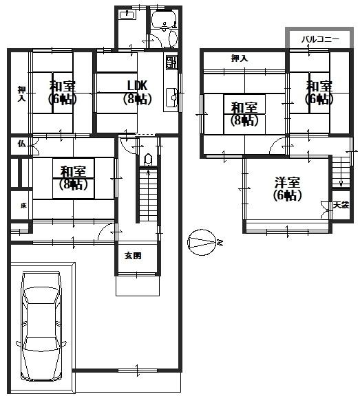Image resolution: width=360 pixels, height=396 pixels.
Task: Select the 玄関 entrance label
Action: pos(133,256)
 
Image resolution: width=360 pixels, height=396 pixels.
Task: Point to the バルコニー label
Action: pos(320,41)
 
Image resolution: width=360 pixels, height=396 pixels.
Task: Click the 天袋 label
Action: pos(341,205)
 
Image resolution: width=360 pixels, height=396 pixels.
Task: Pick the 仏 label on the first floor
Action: pos(21,143)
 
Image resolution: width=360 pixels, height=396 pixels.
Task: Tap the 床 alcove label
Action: pos(23,206)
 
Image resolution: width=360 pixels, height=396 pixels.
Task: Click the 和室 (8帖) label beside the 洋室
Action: pos(244,113)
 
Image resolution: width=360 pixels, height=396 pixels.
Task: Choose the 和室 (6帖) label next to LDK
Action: pos(62,92)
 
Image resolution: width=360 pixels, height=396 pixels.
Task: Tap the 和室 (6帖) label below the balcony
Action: pos(319,92)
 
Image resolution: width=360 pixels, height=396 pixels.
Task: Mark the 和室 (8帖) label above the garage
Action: pos(72,177)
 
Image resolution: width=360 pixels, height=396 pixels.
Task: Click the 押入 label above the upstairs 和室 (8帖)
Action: pos(240,59)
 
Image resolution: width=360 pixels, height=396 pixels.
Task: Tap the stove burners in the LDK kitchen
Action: pos(171,65)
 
